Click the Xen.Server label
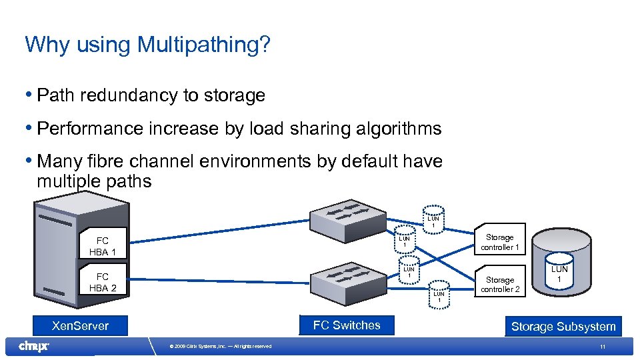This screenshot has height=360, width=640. (x=81, y=326)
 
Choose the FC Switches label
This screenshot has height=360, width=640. (x=347, y=325)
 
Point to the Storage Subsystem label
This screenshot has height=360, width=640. (x=563, y=327)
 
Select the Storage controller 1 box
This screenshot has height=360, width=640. (x=499, y=242)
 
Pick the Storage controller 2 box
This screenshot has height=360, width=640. (x=499, y=285)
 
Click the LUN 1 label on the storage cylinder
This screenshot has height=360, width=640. (x=559, y=273)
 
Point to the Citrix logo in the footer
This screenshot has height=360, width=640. (x=34, y=346)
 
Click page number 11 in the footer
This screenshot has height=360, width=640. (x=602, y=347)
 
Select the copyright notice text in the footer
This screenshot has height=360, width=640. (x=221, y=347)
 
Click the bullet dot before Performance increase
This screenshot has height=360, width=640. (x=30, y=127)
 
